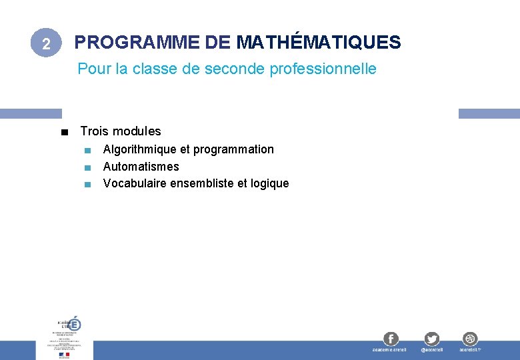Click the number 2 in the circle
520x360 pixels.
[x=45, y=44]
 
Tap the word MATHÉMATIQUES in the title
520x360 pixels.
[x=318, y=43]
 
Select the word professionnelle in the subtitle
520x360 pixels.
[x=323, y=69]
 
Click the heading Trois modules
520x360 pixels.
[x=121, y=131]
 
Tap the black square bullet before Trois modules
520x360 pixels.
[x=63, y=132]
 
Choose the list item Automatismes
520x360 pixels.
[x=141, y=167]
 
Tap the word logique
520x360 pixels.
[x=270, y=183]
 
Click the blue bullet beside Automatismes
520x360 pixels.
[x=87, y=167]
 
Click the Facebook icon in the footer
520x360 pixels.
[x=390, y=339]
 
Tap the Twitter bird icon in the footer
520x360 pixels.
[x=431, y=339]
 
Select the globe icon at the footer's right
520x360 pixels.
[x=470, y=339]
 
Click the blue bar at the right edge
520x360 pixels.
[x=489, y=113]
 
